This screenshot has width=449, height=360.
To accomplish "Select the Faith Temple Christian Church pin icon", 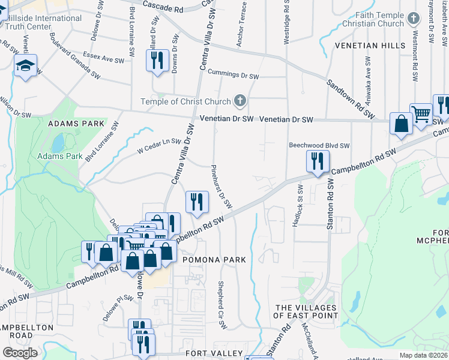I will click(x=413, y=18).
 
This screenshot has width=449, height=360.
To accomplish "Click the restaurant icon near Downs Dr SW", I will click(x=157, y=61).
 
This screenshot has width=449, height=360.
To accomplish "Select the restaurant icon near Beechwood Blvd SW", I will click(x=317, y=161).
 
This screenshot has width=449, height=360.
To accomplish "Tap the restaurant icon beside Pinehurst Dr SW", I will click(x=196, y=202).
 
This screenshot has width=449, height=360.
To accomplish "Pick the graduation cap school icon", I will click(x=26, y=65).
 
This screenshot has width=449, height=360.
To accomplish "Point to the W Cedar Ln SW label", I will click(x=159, y=143).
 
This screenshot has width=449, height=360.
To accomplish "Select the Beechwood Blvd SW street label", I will click(x=319, y=145).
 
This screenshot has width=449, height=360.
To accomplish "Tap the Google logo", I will click(x=20, y=353).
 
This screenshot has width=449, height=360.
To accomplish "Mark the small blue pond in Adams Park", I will click(x=58, y=143).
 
